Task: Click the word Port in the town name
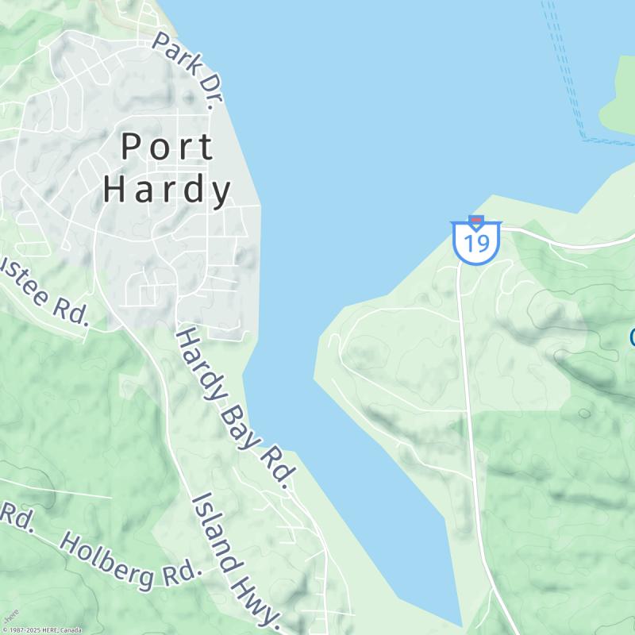(x=167, y=147)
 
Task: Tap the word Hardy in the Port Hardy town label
(x=167, y=190)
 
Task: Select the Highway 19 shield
(x=476, y=242)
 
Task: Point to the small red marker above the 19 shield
(x=476, y=220)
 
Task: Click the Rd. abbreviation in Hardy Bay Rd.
(x=279, y=467)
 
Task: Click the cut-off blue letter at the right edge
(x=632, y=337)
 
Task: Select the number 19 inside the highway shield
(x=476, y=244)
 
